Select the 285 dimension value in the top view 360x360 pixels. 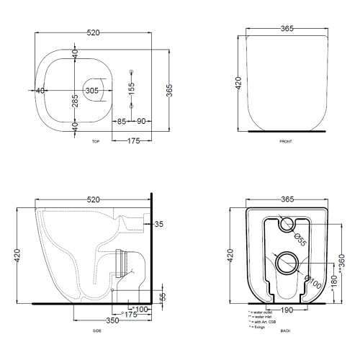[75, 101]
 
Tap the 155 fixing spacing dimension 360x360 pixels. [131, 89]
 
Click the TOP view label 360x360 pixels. [96, 143]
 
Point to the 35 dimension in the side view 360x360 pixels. [159, 225]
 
